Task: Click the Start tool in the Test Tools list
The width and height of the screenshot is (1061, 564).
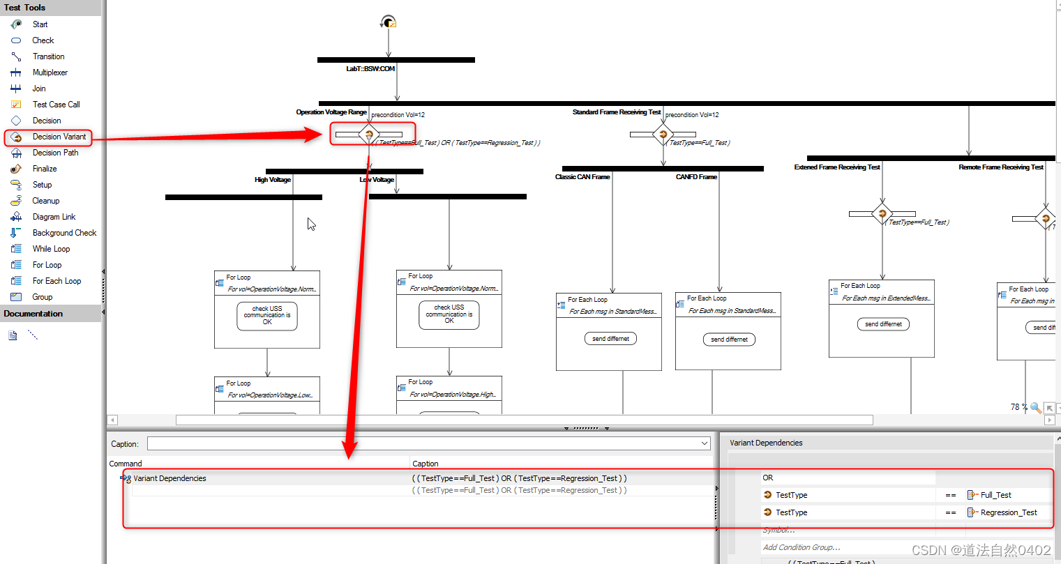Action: point(40,24)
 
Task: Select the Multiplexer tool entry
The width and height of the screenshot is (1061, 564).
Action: point(50,73)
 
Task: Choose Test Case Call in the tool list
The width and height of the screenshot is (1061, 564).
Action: point(56,105)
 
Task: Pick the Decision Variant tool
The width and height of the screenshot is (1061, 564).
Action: point(59,137)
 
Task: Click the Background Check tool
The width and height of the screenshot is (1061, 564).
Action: point(64,233)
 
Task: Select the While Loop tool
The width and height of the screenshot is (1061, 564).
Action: point(51,249)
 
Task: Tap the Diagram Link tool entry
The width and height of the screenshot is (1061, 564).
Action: point(54,217)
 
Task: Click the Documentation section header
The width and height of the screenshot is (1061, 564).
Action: point(33,314)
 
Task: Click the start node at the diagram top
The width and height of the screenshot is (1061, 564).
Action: point(389,22)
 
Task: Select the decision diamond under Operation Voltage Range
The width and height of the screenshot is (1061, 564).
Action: point(369,134)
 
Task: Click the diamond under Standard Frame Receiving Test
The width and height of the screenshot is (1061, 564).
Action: point(663,134)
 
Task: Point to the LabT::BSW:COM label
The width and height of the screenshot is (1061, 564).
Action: point(370,69)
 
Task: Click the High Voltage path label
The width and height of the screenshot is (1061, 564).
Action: point(273,180)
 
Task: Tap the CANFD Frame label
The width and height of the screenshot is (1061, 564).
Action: point(696,177)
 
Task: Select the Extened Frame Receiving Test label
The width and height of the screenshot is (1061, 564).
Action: point(837,167)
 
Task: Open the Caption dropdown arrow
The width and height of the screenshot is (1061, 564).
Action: point(705,443)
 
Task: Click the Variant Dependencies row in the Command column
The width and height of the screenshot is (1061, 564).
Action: point(170,478)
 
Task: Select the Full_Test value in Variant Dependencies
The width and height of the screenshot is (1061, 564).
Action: point(995,495)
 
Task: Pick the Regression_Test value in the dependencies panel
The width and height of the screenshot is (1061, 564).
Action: point(1008,512)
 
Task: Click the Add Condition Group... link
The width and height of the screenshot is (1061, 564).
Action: point(802,547)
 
